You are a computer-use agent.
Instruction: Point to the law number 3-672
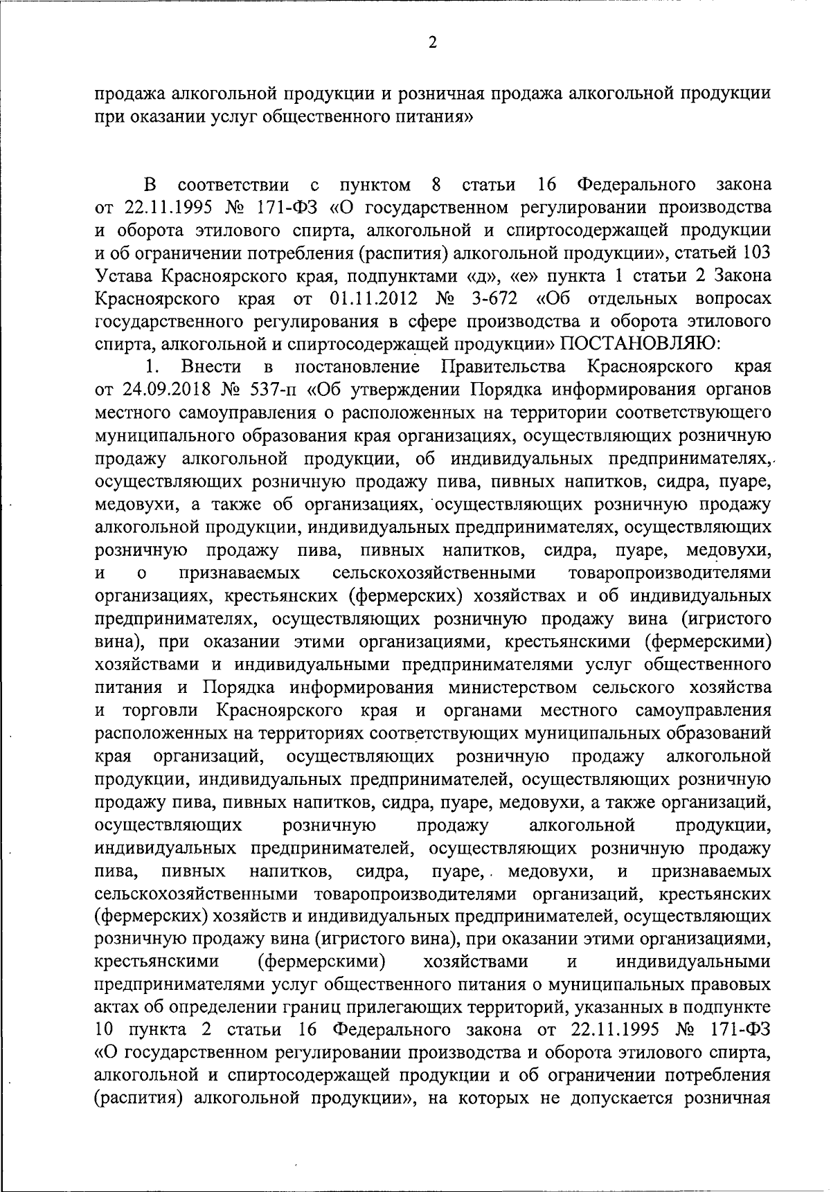point(496,298)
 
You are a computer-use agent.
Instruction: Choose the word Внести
point(211,367)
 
